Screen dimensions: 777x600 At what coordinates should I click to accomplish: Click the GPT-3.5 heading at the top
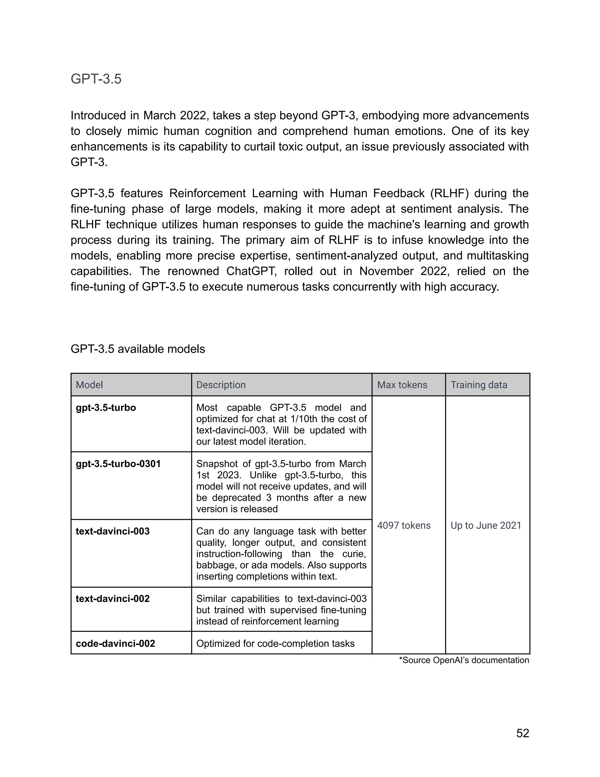(96, 79)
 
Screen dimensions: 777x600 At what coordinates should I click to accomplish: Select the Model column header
(89, 385)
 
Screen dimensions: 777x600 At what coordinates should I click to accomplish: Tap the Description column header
(221, 385)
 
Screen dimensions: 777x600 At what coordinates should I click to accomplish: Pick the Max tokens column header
(402, 385)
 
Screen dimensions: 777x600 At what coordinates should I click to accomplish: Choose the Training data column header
(478, 385)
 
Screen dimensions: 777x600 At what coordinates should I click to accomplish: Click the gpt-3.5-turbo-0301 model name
(118, 464)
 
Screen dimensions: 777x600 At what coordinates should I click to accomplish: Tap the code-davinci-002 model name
(115, 643)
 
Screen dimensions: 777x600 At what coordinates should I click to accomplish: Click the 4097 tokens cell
(403, 525)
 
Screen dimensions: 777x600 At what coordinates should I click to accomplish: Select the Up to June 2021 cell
(485, 525)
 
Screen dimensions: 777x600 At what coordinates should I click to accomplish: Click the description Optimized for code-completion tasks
(275, 643)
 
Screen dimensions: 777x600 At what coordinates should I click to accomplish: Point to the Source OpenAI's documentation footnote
(464, 660)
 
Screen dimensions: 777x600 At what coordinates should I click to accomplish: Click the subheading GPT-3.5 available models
(138, 349)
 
